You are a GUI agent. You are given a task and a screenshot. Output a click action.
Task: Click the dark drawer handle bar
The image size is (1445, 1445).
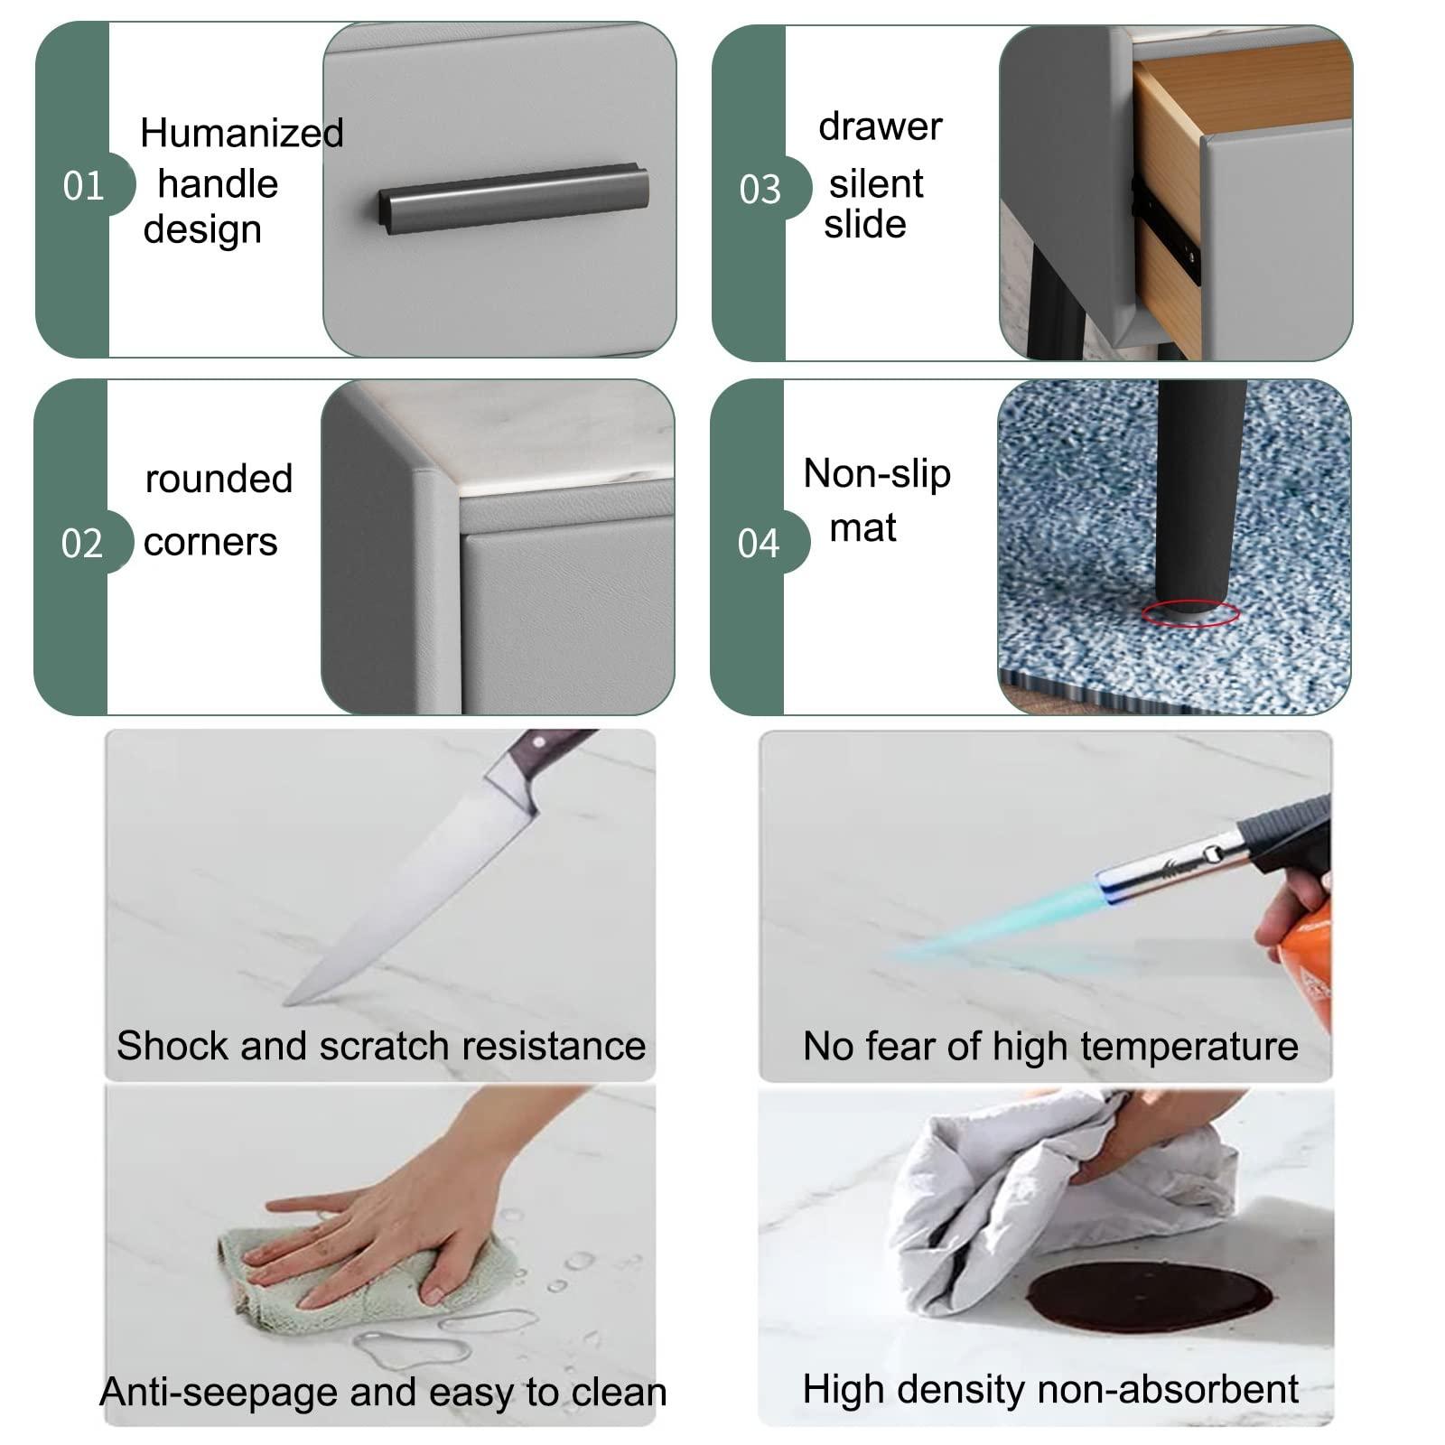[513, 198]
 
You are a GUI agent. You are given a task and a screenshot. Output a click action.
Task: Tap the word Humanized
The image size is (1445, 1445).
[242, 133]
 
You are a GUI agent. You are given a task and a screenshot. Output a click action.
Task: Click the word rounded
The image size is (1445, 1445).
[219, 479]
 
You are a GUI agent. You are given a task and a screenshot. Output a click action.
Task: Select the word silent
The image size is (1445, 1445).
[876, 184]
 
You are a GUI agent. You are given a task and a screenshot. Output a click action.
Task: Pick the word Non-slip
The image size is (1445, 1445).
[877, 473]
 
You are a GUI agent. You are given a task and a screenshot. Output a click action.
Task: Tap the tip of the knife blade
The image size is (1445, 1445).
[285, 1003]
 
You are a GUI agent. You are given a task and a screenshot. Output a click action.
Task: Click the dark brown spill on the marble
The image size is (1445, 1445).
[1149, 1296]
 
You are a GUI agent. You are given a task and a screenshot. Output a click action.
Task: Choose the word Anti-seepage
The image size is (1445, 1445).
[219, 1393]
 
